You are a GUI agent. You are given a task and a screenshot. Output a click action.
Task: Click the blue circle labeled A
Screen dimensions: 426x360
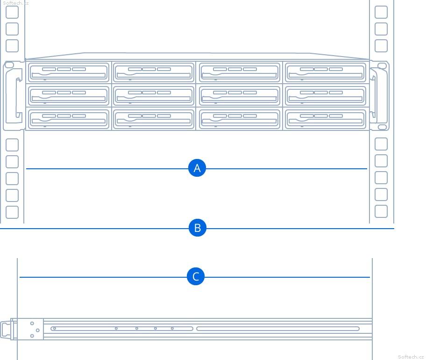tap(197, 168)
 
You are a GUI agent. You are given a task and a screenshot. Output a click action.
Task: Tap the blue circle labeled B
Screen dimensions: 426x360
tap(198, 228)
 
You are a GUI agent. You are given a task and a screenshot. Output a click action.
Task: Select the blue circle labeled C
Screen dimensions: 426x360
tap(196, 276)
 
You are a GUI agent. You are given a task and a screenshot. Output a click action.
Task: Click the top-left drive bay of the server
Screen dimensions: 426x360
tap(69, 72)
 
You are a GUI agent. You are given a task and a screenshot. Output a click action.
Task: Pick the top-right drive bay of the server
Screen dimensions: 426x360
tap(326, 72)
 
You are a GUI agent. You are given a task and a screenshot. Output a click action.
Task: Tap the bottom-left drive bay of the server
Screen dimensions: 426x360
tap(69, 119)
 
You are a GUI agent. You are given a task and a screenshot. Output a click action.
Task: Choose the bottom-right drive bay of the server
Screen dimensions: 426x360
tap(326, 119)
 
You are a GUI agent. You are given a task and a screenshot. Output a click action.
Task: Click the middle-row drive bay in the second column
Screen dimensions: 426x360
tap(154, 96)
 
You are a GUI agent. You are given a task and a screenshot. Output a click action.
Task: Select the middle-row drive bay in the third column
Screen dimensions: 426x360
tap(239, 96)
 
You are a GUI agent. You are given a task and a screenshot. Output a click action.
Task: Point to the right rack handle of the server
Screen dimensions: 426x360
tap(380, 95)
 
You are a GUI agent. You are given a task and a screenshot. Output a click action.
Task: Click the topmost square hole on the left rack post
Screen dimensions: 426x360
tap(12, 12)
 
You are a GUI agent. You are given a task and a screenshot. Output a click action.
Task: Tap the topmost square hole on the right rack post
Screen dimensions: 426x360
tap(381, 12)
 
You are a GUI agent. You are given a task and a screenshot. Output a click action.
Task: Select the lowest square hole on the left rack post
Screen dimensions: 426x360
tap(12, 212)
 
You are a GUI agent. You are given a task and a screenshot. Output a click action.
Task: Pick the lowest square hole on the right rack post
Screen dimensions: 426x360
tap(381, 211)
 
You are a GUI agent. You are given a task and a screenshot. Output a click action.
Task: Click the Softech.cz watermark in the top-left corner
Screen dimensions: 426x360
tap(15, 3)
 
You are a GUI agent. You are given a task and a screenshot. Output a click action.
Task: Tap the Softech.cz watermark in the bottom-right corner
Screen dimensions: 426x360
tap(411, 356)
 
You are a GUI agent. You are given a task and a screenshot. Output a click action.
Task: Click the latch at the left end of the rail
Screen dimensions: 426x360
tap(6, 330)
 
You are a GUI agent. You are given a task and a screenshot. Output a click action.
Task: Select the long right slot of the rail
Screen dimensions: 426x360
tap(277, 329)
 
